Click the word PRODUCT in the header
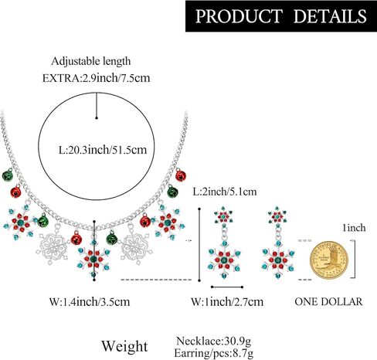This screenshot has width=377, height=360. [239, 16]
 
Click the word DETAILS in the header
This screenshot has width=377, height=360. [330, 16]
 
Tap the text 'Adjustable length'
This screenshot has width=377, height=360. [91, 62]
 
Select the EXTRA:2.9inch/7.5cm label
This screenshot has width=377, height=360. [96, 78]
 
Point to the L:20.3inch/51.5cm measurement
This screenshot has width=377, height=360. [103, 150]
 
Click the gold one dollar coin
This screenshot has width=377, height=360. [329, 260]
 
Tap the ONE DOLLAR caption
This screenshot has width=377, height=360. [328, 301]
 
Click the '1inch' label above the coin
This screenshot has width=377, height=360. [354, 228]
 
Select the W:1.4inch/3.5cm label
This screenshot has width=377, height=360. [90, 301]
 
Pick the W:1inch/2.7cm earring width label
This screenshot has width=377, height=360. [227, 301]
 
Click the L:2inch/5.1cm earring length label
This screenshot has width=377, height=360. [225, 192]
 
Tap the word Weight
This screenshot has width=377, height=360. [124, 346]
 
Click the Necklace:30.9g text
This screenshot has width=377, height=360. [213, 341]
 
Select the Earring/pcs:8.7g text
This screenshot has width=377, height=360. [214, 352]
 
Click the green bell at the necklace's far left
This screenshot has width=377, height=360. [8, 175]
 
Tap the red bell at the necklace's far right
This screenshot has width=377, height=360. [181, 175]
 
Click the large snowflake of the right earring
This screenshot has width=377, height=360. [277, 260]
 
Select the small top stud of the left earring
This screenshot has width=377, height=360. [223, 216]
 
